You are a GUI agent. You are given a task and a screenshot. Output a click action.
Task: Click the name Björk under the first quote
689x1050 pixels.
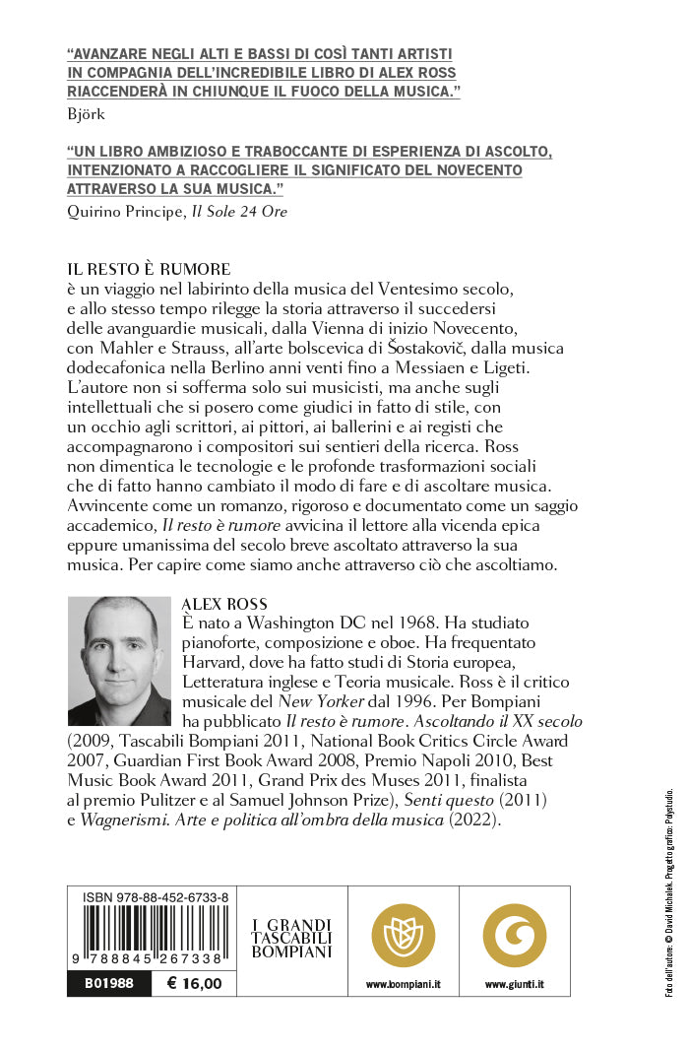click(x=86, y=113)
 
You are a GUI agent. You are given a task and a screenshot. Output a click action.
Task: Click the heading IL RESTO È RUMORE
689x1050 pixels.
click(x=149, y=268)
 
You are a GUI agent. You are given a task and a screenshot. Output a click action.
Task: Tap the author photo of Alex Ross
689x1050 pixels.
click(x=119, y=661)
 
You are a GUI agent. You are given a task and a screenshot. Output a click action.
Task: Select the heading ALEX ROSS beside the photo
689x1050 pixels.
click(x=225, y=603)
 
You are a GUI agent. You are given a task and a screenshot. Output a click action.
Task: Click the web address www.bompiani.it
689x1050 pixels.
click(x=403, y=984)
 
